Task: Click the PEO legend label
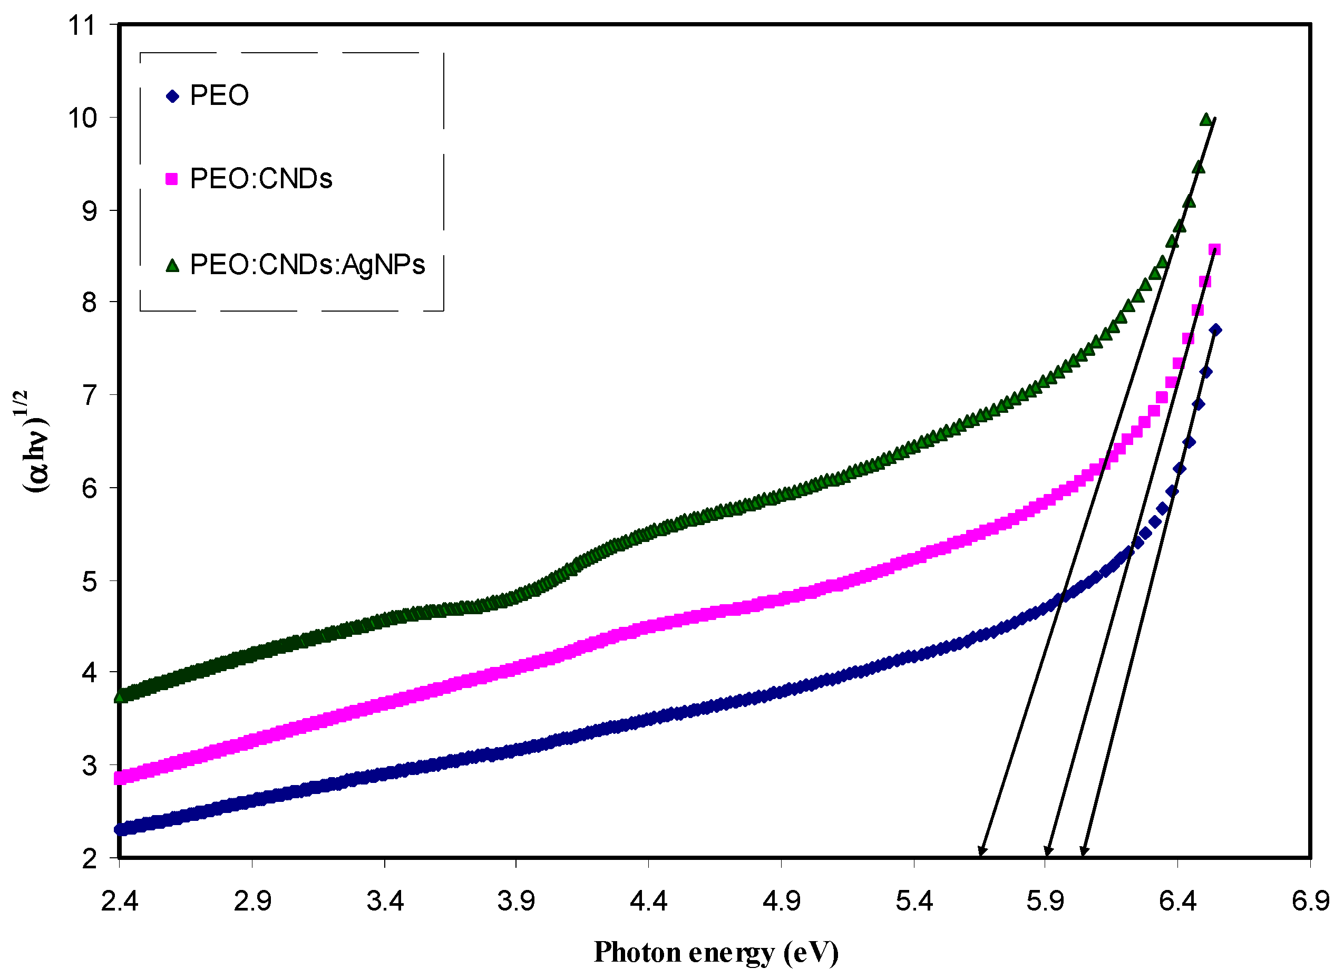tap(219, 95)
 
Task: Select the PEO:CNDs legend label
tap(261, 179)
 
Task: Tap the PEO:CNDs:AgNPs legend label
tap(307, 265)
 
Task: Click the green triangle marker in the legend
tap(172, 266)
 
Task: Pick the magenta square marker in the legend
tap(171, 179)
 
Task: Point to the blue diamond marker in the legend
tap(172, 96)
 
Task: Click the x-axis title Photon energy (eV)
tap(716, 953)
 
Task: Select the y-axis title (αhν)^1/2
tap(35, 442)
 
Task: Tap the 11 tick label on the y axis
tap(81, 25)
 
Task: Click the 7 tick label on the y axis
tap(89, 395)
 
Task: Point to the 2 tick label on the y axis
tap(89, 859)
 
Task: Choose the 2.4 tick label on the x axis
tap(119, 902)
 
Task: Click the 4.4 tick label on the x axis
tap(648, 902)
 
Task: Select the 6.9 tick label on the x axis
tap(1310, 902)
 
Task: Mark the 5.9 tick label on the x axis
tap(1045, 902)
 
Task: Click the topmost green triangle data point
tap(1205, 120)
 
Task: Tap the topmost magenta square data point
tap(1214, 250)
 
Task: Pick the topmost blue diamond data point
tap(1215, 330)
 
